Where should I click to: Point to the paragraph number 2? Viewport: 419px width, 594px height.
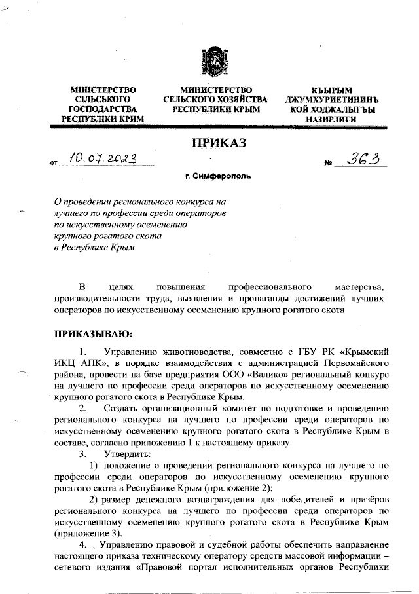pos(82,409)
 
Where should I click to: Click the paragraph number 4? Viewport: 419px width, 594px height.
pos(82,544)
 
